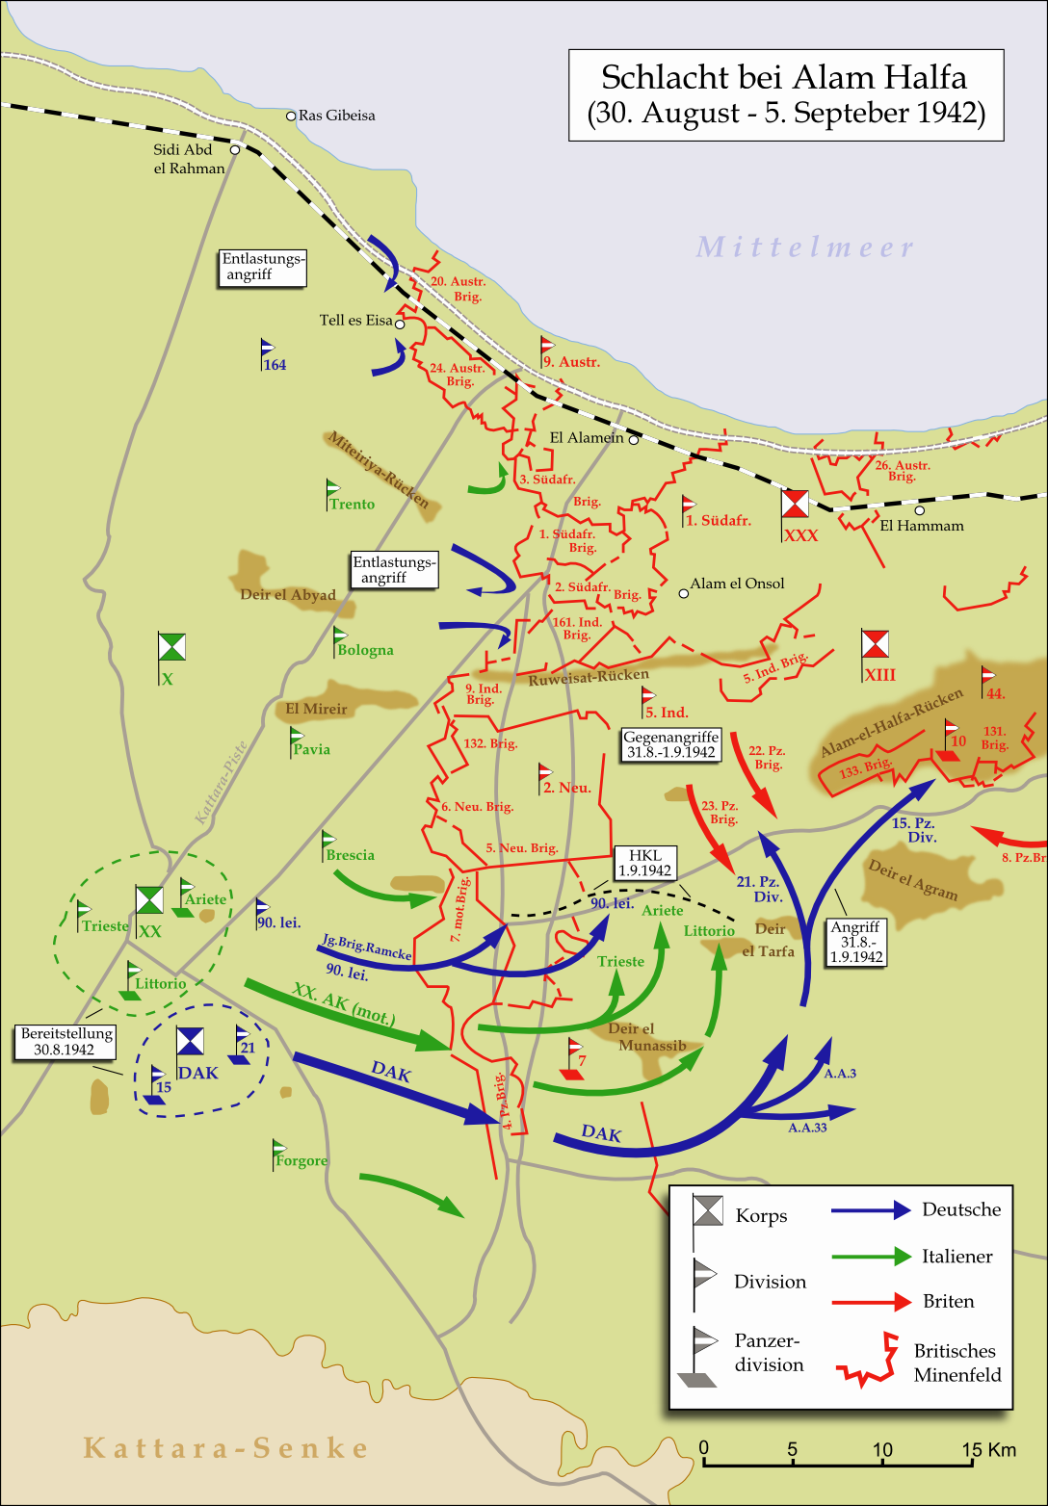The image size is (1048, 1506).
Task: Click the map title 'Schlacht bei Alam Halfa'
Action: point(784,78)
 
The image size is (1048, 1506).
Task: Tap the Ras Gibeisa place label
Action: point(336,116)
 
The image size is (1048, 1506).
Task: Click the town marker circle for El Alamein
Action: point(634,439)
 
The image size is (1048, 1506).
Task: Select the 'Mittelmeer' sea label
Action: point(805,247)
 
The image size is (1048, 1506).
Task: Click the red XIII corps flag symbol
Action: point(875,643)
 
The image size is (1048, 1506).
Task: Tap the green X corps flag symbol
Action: point(171,647)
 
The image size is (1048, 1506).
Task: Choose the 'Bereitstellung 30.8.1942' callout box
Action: point(65,1042)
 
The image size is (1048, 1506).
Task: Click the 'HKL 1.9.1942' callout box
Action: point(644,863)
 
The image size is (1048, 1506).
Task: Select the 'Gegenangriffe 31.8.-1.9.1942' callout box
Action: point(670,744)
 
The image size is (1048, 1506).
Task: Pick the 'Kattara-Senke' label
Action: point(225,1448)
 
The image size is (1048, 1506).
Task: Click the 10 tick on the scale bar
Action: point(882,1464)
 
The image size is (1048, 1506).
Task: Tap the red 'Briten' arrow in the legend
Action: point(871,1302)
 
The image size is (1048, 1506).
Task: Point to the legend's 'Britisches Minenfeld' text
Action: point(956,1363)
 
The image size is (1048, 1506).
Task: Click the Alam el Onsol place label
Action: point(737,584)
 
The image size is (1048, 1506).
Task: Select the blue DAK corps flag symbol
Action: point(190,1041)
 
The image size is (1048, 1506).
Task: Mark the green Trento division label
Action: point(352,505)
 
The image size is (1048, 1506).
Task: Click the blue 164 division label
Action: point(275,365)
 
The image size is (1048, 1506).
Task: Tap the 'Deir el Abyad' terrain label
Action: point(288,595)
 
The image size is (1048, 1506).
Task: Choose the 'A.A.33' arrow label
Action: point(807,1128)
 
